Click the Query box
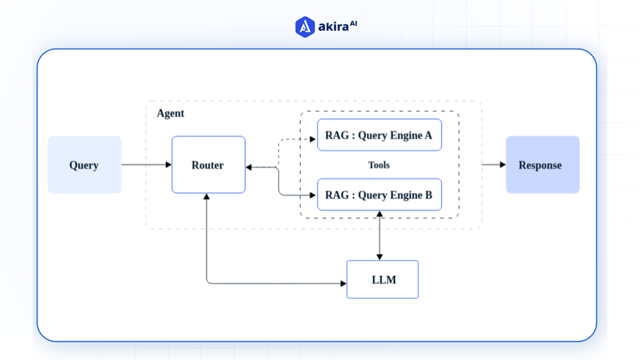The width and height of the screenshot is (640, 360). click(x=84, y=165)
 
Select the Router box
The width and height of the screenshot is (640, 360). click(x=208, y=165)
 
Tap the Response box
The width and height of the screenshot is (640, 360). click(x=542, y=165)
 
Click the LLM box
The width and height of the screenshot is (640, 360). click(x=382, y=280)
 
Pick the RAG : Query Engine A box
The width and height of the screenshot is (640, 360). click(x=379, y=135)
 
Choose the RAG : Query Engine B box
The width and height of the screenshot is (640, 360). click(x=379, y=195)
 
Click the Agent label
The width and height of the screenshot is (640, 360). click(x=170, y=114)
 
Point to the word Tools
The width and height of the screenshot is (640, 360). click(x=379, y=165)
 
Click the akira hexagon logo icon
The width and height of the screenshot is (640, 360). click(x=304, y=27)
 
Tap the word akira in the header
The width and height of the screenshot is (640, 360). click(x=333, y=27)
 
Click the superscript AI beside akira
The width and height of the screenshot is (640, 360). click(x=353, y=24)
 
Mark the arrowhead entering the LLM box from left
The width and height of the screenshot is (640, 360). click(x=343, y=284)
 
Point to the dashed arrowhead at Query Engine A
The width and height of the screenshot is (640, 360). click(x=313, y=139)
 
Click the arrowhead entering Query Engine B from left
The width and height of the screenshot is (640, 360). click(x=313, y=195)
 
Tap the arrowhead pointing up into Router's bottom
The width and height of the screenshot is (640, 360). click(x=206, y=197)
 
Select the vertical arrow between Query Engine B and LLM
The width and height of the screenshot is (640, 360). click(x=379, y=235)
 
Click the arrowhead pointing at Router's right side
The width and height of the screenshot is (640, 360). click(x=249, y=167)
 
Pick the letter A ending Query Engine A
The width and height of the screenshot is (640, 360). click(x=428, y=136)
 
